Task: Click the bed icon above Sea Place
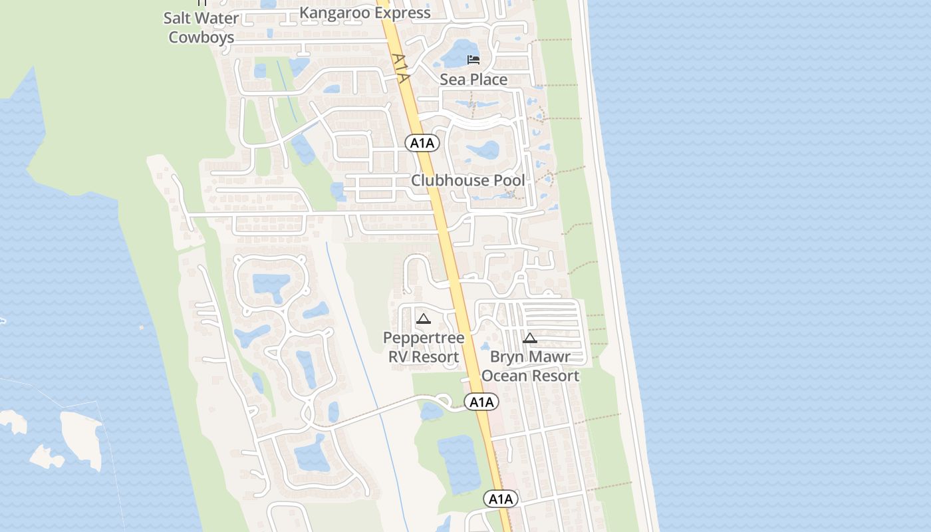coord(473,60)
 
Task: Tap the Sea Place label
coord(473,80)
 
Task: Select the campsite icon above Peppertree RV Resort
coord(423,319)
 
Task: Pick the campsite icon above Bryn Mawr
coord(529,338)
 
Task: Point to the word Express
coord(401,13)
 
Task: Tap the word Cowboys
coord(201,37)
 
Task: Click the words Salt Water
coord(201,18)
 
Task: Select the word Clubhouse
coord(452,180)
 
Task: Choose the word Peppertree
coord(424,338)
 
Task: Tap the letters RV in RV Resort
coord(398,356)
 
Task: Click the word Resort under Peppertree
coord(435,356)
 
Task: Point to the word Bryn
coord(506,357)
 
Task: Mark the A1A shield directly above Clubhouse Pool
coord(422,142)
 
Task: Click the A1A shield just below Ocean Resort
coord(481,402)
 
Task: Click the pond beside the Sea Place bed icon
coord(456,53)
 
